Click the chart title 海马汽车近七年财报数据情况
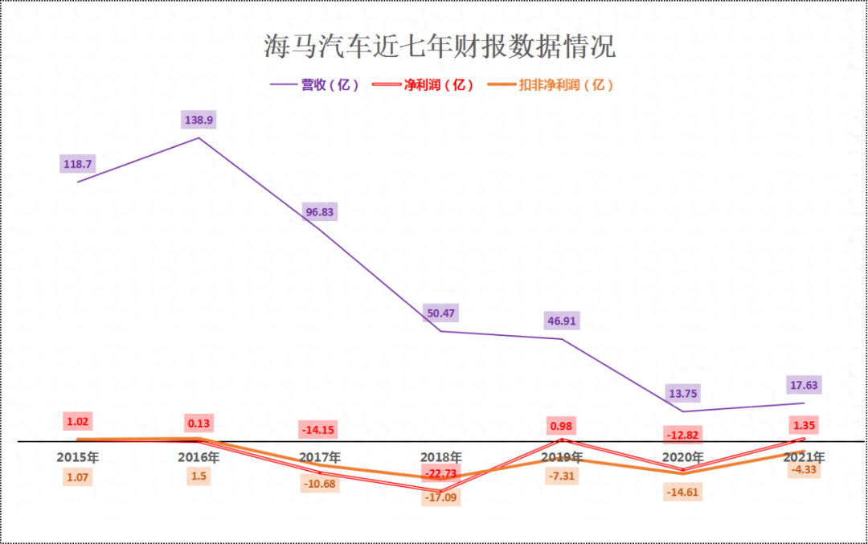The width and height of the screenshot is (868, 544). [x=440, y=46]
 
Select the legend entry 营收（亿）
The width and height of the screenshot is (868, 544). [x=314, y=84]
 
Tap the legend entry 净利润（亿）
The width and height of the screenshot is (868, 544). [x=425, y=84]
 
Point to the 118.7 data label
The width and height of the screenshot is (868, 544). [x=78, y=164]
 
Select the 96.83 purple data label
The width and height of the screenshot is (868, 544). [x=319, y=213]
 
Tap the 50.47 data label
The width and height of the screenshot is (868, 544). [x=440, y=313]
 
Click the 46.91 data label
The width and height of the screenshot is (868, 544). [x=561, y=321]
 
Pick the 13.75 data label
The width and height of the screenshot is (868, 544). [x=682, y=393]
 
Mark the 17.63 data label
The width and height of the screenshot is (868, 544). [x=803, y=385]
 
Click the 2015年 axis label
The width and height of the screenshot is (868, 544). [x=78, y=457]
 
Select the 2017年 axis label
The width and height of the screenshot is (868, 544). [x=319, y=457]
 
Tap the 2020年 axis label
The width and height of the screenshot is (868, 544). [x=682, y=457]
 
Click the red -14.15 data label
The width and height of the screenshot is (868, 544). [x=319, y=429]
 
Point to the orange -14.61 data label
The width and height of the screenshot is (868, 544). [x=682, y=492]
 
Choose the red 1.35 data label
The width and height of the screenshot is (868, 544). [x=803, y=425]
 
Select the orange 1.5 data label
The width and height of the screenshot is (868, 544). [x=199, y=477]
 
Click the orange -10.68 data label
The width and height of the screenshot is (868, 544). [x=319, y=483]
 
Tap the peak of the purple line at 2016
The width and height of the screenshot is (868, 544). [x=199, y=138]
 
